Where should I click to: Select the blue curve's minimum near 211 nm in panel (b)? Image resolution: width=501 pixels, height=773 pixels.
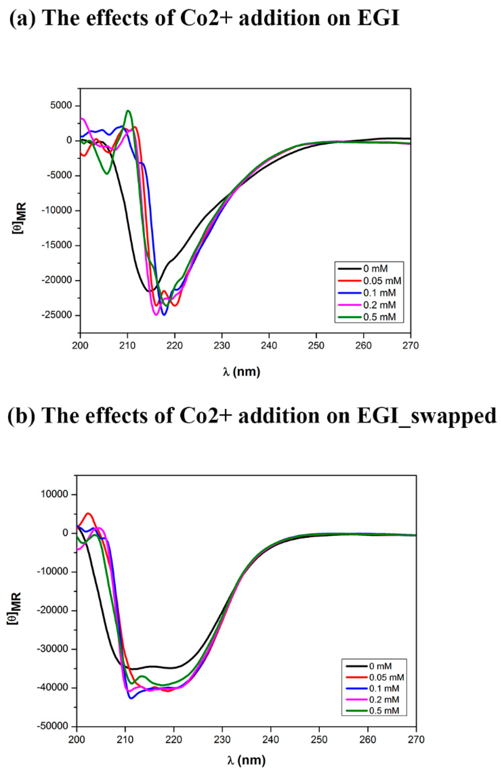[131, 698]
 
